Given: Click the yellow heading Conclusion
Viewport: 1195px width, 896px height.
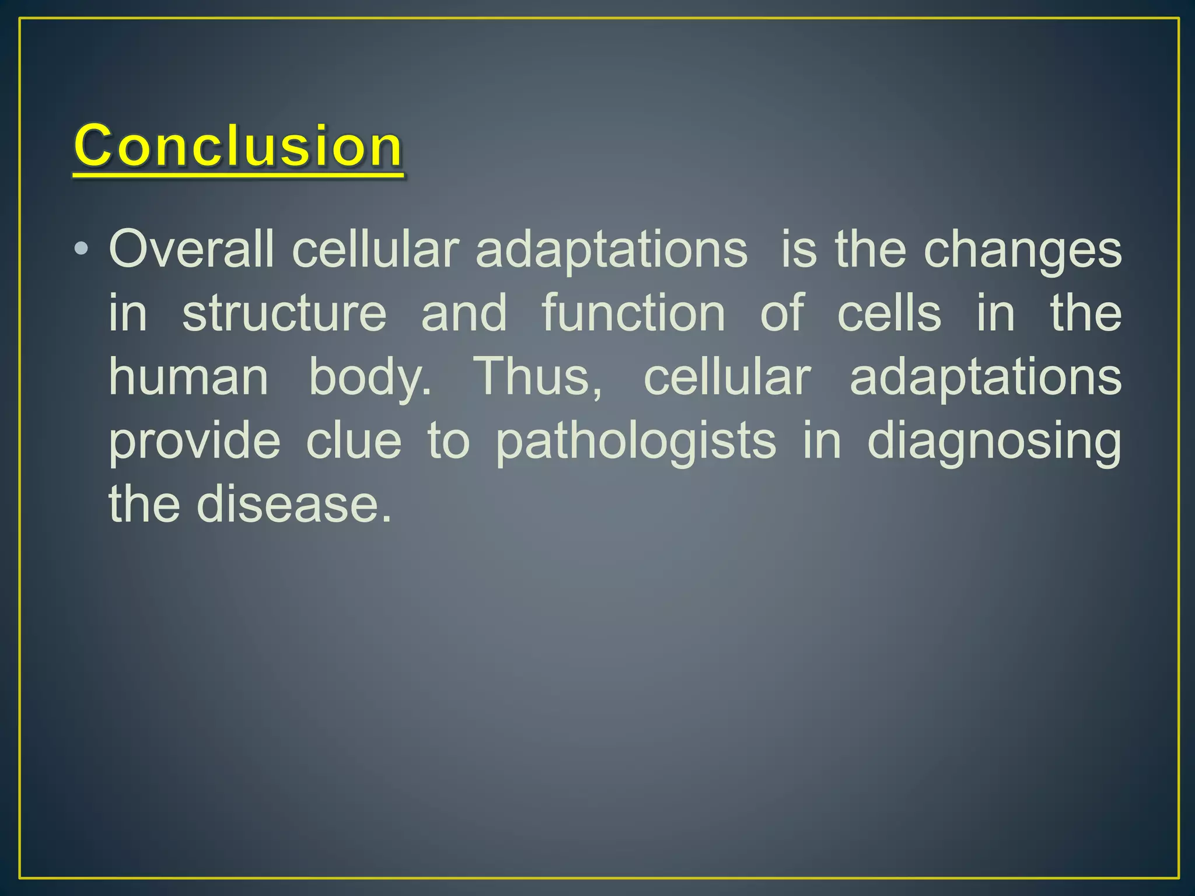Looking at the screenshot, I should [238, 146].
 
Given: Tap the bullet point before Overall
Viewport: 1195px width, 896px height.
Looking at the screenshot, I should [81, 250].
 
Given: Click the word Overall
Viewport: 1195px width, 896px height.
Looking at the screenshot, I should [191, 250].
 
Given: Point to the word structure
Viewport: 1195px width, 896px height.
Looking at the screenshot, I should [284, 313].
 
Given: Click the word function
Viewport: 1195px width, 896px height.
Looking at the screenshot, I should [634, 313].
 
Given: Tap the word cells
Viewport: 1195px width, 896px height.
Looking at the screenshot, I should [889, 313].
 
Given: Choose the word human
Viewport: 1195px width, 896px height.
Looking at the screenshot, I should [188, 376].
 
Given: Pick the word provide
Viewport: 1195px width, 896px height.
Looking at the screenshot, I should [195, 442].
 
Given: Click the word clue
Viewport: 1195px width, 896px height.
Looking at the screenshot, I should [354, 440].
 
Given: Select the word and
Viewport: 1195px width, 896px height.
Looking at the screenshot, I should [464, 313].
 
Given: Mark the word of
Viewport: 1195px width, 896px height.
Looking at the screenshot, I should [782, 313].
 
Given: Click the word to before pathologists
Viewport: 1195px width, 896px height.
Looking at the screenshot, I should [448, 442].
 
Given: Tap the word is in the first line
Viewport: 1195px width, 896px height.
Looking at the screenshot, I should [798, 250].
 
